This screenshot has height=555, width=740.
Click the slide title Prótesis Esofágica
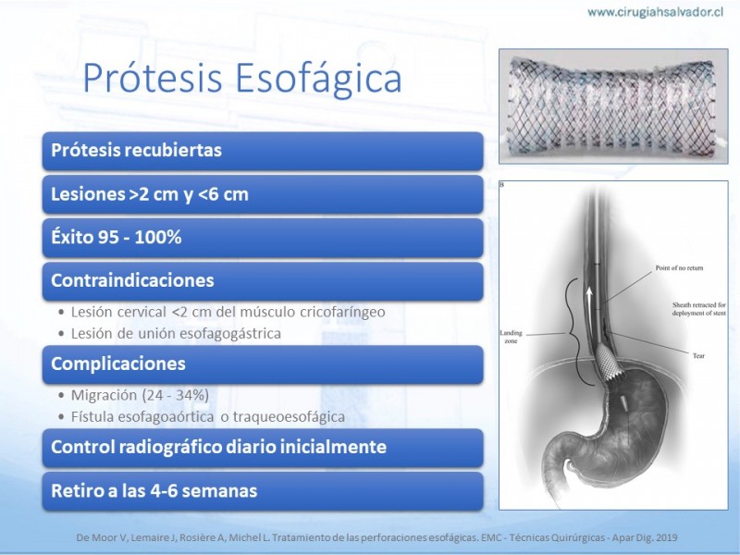pyautogui.click(x=242, y=78)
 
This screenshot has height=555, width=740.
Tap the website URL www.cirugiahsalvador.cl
pyautogui.click(x=656, y=12)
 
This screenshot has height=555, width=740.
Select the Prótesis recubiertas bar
pyautogui.click(x=263, y=151)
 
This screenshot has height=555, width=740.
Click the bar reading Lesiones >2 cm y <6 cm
pyautogui.click(x=263, y=194)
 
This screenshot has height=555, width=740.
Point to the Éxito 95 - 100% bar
pyautogui.click(x=263, y=238)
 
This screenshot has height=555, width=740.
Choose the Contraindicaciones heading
pyautogui.click(x=263, y=281)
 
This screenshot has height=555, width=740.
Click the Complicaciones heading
pyautogui.click(x=263, y=364)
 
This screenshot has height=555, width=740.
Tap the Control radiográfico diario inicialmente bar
pyautogui.click(x=263, y=447)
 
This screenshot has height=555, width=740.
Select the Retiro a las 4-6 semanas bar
pyautogui.click(x=263, y=491)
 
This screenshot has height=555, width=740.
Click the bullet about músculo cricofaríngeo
pyautogui.click(x=222, y=312)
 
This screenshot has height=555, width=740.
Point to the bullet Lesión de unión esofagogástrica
pyautogui.click(x=170, y=334)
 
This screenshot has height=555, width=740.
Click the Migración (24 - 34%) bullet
pyautogui.click(x=134, y=395)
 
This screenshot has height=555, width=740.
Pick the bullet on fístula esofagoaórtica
pyautogui.click(x=202, y=417)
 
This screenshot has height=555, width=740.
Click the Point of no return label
pyautogui.click(x=679, y=267)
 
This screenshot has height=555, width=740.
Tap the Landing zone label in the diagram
pyautogui.click(x=512, y=337)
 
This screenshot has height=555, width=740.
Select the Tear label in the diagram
pyautogui.click(x=698, y=355)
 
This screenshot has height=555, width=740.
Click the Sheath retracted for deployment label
pyautogui.click(x=699, y=309)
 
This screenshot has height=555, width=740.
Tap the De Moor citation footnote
pyautogui.click(x=376, y=537)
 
